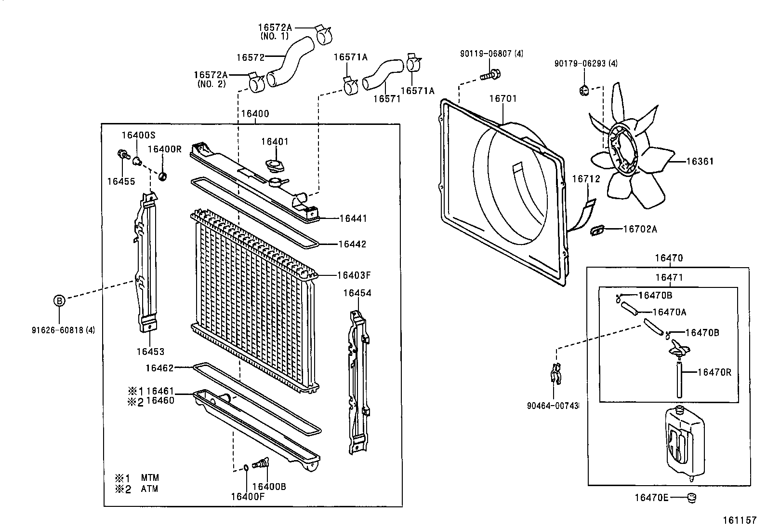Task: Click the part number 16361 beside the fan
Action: click(699, 162)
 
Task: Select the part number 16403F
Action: click(354, 275)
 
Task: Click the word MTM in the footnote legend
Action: click(150, 478)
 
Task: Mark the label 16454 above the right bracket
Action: click(357, 293)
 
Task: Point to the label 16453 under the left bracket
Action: click(150, 352)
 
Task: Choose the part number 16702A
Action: click(640, 230)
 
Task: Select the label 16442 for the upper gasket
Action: click(352, 244)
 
